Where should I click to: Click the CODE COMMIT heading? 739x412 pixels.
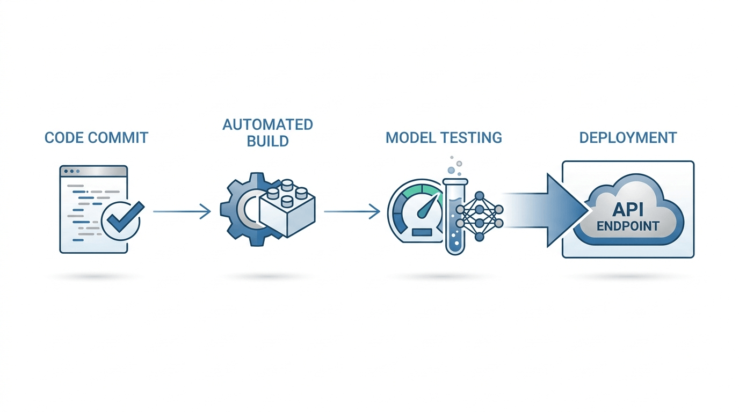(x=96, y=137)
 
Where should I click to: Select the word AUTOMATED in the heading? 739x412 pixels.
(x=267, y=124)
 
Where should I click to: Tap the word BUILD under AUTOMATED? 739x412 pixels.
(x=267, y=141)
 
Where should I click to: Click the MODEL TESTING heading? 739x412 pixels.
(x=444, y=137)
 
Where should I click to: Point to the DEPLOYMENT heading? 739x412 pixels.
(x=628, y=137)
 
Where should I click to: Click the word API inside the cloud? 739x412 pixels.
(x=628, y=210)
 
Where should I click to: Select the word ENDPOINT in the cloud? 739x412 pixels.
(x=628, y=226)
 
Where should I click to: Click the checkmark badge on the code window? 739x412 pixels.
(x=122, y=220)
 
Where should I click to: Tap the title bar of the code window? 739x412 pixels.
(x=93, y=171)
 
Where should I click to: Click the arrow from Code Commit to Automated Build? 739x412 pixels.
(x=182, y=211)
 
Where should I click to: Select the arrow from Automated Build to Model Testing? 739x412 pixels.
(x=352, y=211)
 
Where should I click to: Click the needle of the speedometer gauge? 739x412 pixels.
(x=429, y=205)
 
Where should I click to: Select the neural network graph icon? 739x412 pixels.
(x=480, y=216)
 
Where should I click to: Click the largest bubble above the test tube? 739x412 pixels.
(x=451, y=170)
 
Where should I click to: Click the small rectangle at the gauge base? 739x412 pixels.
(x=422, y=232)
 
